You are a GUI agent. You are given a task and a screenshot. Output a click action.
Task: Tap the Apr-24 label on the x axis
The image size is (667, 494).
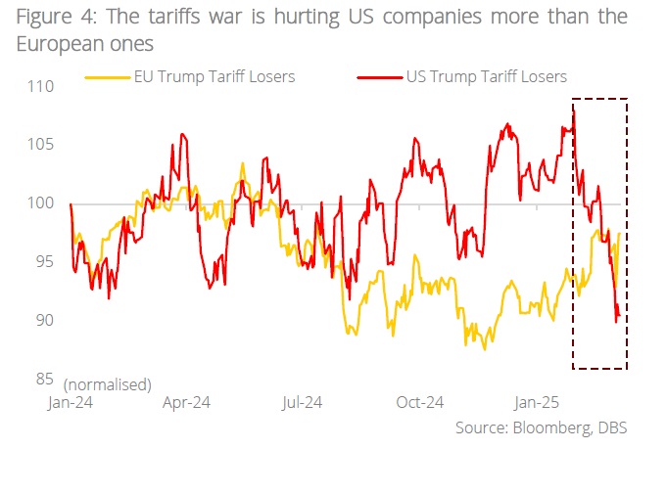click(x=186, y=402)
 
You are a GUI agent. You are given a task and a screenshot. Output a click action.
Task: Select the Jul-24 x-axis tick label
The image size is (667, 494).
click(x=304, y=402)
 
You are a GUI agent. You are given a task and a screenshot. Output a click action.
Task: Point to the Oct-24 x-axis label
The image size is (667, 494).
click(x=421, y=402)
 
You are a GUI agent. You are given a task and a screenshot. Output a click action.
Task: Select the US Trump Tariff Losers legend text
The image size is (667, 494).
click(x=486, y=76)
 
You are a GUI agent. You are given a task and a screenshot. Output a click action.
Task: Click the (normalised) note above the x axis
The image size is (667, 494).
click(x=108, y=382)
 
